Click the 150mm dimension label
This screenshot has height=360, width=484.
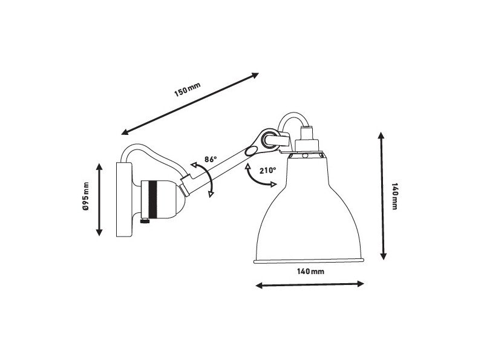187,91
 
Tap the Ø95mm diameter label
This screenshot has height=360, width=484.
87,197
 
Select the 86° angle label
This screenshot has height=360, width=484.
211,160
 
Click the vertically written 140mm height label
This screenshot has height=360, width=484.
394,196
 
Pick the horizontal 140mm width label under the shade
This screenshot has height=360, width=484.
311,272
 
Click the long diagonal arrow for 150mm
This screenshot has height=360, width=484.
191,103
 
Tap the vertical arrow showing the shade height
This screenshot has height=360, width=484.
382,197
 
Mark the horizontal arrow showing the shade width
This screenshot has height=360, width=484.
310,284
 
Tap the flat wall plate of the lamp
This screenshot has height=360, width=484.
123,200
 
